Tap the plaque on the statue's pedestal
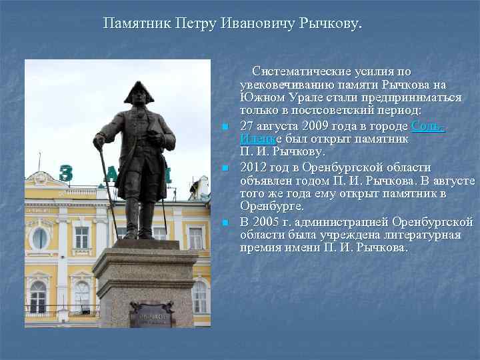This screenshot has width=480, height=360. point(151,315)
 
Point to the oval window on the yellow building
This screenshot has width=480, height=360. point(39,237)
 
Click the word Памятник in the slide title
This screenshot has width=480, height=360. point(137,25)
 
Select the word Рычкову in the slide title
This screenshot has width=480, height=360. point(332,25)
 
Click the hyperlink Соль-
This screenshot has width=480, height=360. point(428,126)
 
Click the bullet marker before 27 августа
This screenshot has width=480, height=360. point(226,127)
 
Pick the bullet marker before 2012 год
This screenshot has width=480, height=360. point(226,168)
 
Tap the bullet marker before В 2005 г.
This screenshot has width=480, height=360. point(226,222)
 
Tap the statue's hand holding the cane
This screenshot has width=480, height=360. point(99,142)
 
